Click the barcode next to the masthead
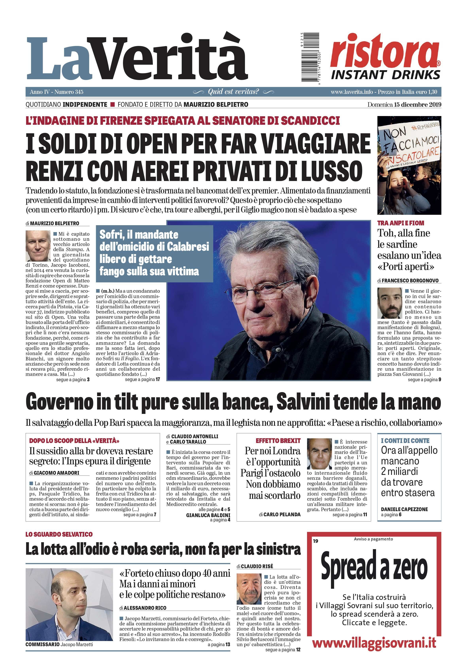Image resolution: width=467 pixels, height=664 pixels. [x=310, y=57]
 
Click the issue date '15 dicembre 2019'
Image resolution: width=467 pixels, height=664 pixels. [x=418, y=105]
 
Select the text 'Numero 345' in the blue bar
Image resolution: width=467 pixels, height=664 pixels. [x=69, y=92]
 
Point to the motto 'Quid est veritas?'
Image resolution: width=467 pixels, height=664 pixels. [x=233, y=92]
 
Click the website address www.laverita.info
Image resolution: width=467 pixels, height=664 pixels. [x=352, y=92]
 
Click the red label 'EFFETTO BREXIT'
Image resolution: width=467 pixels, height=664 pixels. [x=278, y=441]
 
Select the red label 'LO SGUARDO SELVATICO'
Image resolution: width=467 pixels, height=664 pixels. [x=59, y=534]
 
